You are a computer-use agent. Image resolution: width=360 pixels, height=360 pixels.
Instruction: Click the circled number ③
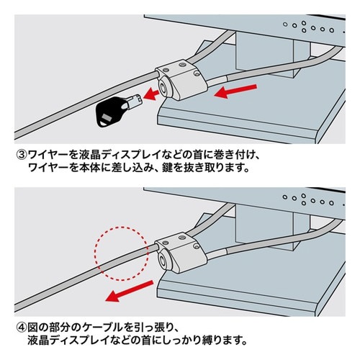click(21, 153)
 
